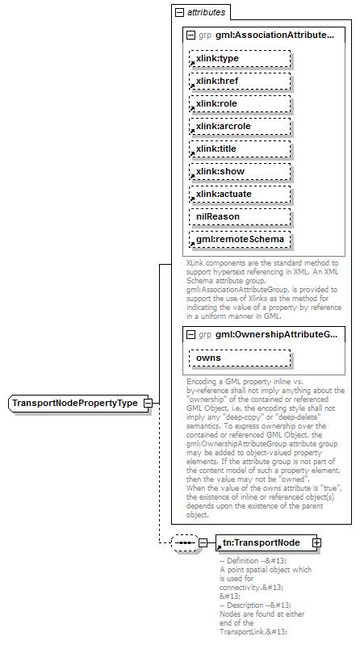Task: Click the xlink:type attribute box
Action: (216, 59)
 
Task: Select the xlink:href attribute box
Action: (216, 82)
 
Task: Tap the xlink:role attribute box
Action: (216, 104)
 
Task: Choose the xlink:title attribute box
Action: (216, 149)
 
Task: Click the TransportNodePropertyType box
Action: (74, 403)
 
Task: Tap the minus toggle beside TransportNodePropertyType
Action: (148, 403)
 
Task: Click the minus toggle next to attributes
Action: (178, 13)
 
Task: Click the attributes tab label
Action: (206, 13)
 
